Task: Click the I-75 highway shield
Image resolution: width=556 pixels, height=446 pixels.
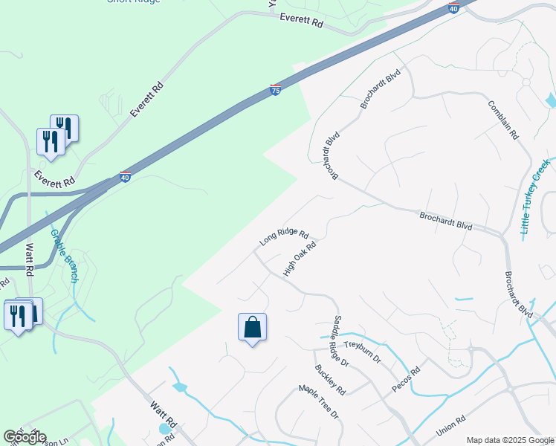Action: pos(275,90)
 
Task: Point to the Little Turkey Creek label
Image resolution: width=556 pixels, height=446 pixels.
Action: pos(535,197)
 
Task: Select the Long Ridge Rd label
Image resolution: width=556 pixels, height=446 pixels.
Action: pos(284,237)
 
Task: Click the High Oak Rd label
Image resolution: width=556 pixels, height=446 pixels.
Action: pos(300,257)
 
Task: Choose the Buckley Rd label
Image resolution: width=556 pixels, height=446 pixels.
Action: pos(330,379)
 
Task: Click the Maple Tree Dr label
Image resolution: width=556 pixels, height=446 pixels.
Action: pos(318,401)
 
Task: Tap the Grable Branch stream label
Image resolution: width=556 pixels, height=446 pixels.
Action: pos(64,256)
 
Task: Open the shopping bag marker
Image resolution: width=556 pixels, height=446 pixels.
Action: pos(252,327)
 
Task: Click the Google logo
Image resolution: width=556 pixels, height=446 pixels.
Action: pos(25,437)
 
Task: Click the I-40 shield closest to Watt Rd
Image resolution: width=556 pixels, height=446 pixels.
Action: pos(125,178)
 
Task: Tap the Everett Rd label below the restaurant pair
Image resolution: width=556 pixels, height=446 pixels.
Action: pos(54,179)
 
